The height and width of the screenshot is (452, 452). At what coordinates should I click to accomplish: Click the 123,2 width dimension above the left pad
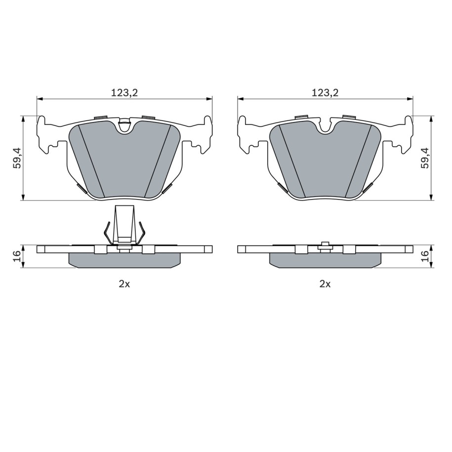click(124, 92)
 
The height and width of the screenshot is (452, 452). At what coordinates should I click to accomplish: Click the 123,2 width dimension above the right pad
click(325, 92)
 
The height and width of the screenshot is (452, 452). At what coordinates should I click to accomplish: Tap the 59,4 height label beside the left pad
click(18, 158)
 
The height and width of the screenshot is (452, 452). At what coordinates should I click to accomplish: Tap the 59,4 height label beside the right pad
click(425, 158)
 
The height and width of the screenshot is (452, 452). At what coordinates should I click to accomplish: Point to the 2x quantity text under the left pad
click(124, 284)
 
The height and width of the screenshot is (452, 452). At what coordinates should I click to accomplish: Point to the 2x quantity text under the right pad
click(325, 284)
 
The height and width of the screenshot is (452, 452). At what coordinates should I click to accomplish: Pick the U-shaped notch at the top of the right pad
click(325, 127)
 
